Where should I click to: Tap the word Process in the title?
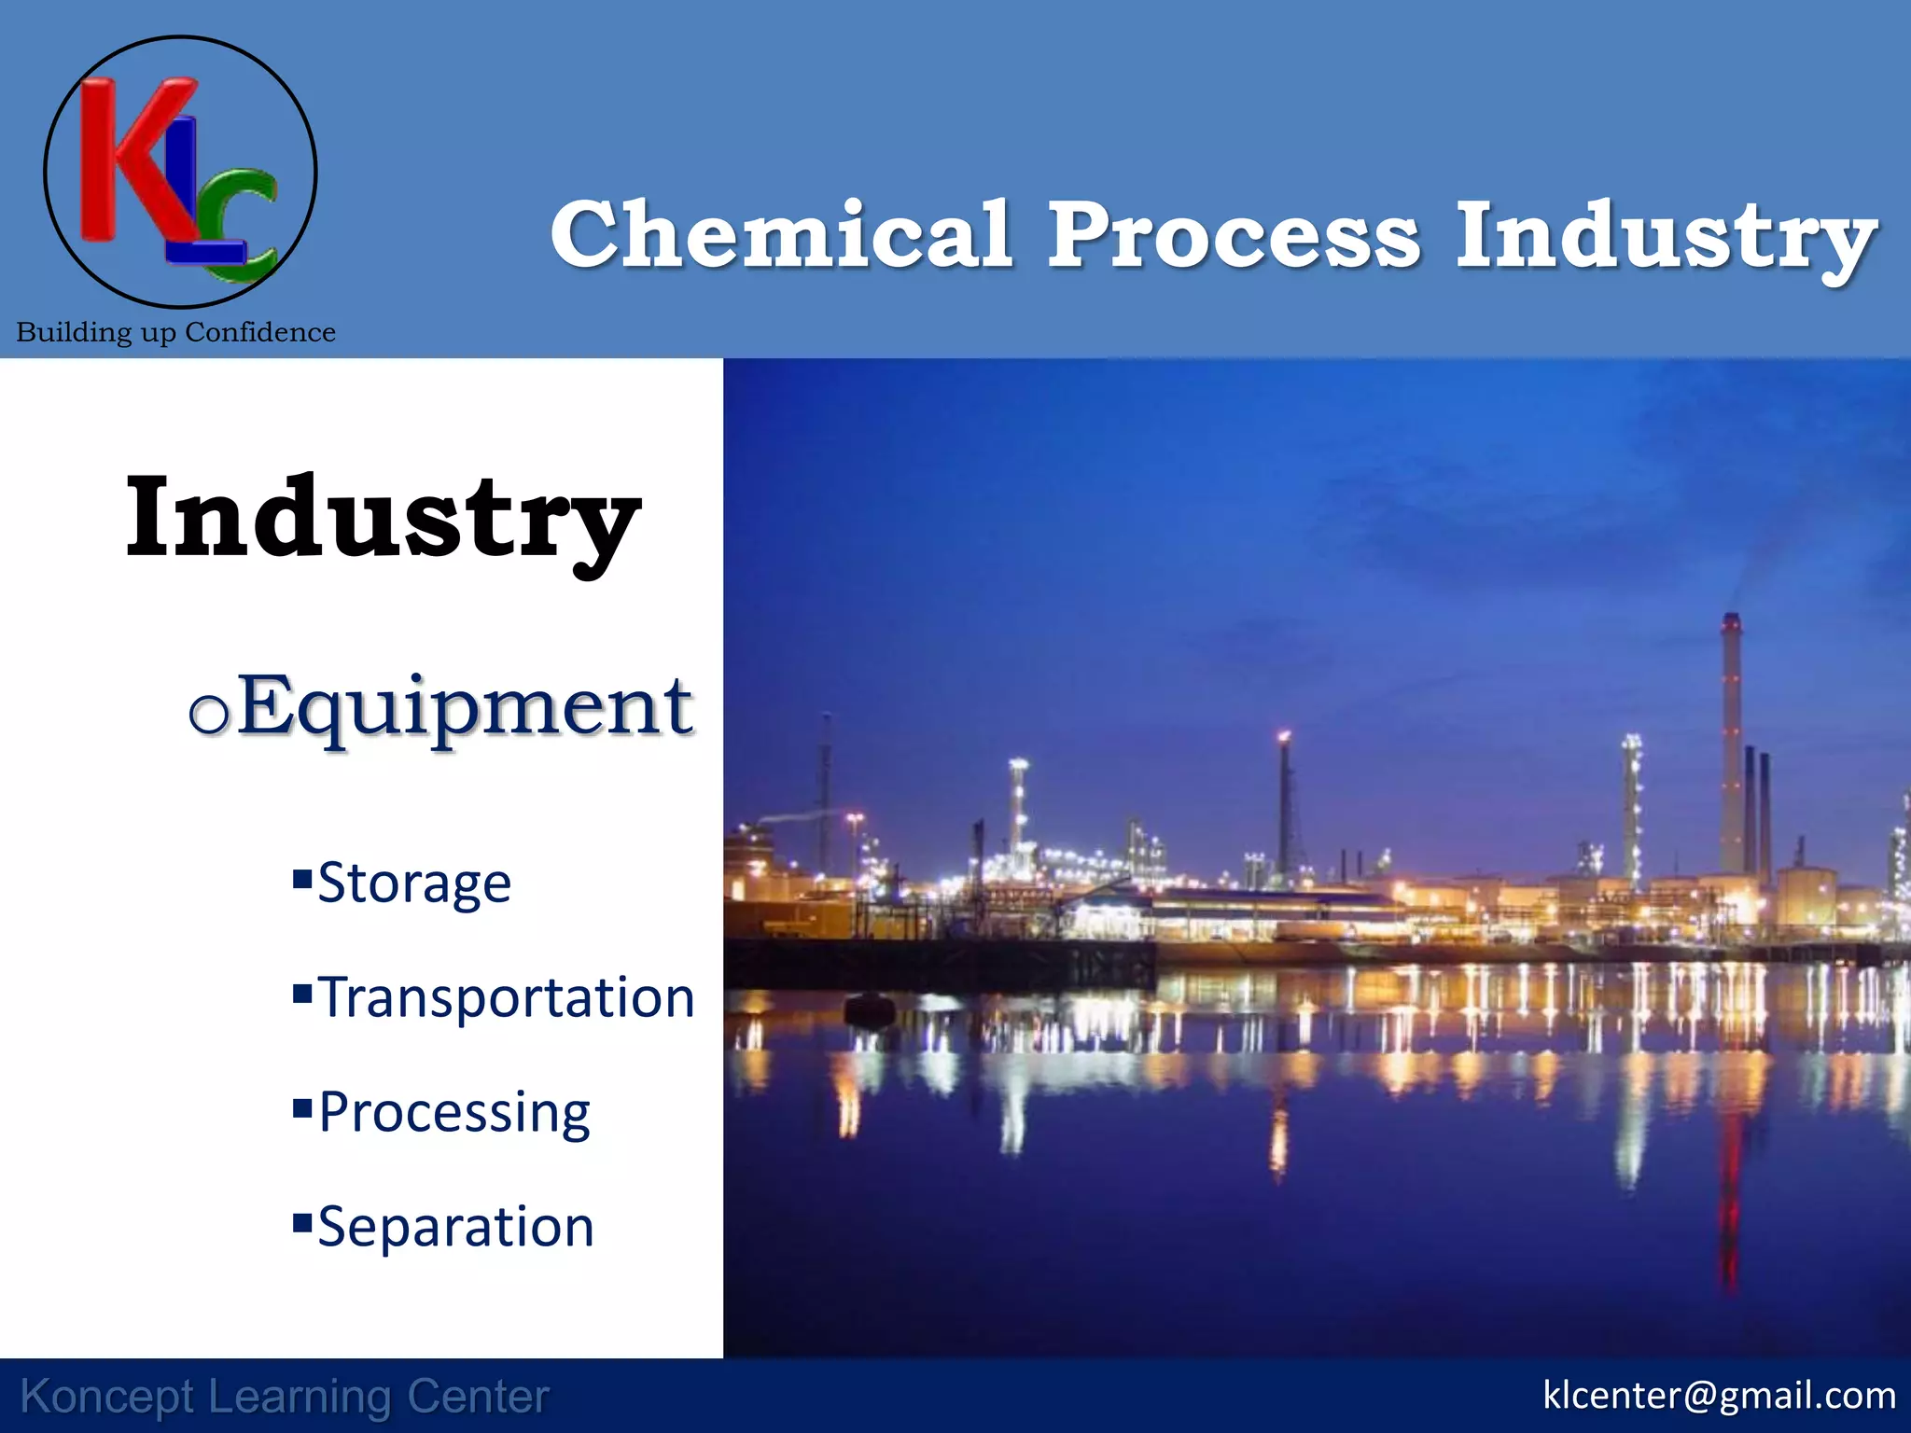click(x=1234, y=235)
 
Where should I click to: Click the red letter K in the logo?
click(x=131, y=159)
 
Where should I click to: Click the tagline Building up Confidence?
click(x=175, y=332)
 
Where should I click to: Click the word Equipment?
click(x=465, y=707)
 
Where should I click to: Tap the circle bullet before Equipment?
click(x=208, y=715)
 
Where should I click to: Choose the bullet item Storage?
click(x=414, y=883)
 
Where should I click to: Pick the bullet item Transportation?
click(x=506, y=997)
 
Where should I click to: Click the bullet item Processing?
click(x=454, y=1112)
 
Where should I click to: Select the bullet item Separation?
click(x=455, y=1227)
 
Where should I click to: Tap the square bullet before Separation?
click(x=301, y=1221)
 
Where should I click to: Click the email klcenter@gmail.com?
click(x=1719, y=1396)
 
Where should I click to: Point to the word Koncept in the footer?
click(x=107, y=1398)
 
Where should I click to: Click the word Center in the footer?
click(x=478, y=1398)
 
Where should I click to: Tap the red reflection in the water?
click(x=1729, y=1213)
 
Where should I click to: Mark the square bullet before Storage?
click(x=301, y=878)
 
